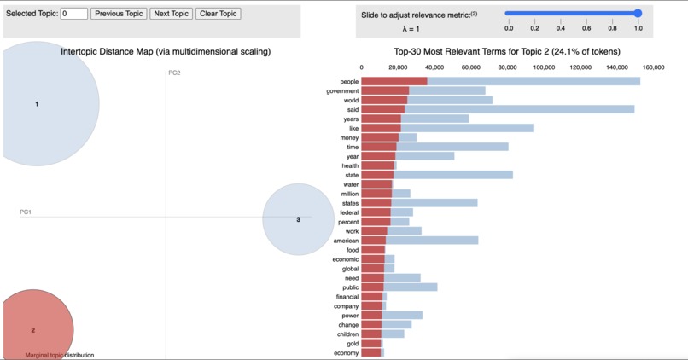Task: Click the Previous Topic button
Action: click(x=119, y=14)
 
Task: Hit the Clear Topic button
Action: click(x=219, y=14)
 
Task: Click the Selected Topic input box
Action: click(x=73, y=14)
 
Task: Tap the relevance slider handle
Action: click(x=638, y=14)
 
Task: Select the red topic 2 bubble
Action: click(x=33, y=328)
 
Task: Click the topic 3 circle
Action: click(x=298, y=219)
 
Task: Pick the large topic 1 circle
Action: click(x=37, y=104)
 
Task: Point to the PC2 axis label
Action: click(x=174, y=73)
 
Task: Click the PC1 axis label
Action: click(x=26, y=212)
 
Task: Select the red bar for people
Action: click(x=394, y=82)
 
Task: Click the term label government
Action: click(x=342, y=91)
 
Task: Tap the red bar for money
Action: click(x=380, y=138)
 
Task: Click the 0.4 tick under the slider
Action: click(x=561, y=28)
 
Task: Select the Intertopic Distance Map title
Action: click(x=166, y=52)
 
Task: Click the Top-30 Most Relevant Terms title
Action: click(x=506, y=52)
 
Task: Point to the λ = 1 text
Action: click(x=411, y=29)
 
